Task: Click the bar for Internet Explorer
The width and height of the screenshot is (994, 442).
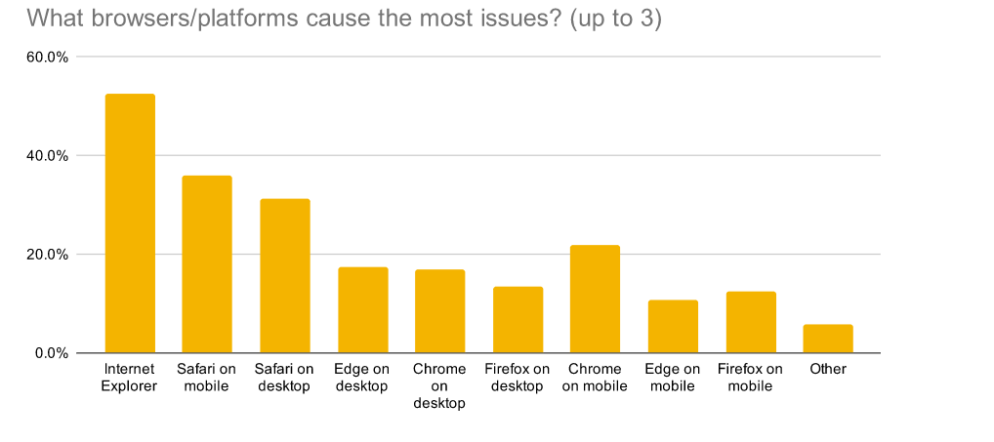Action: [130, 223]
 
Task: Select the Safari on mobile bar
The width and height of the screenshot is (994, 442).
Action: [207, 264]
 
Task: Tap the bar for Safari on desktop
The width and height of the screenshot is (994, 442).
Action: [284, 276]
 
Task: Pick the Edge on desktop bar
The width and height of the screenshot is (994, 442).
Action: [362, 310]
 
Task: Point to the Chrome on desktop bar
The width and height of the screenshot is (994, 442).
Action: [439, 311]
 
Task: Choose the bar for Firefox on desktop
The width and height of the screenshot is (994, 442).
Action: [518, 320]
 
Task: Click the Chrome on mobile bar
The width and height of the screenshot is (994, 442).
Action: [595, 300]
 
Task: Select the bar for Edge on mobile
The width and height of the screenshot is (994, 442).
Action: [673, 327]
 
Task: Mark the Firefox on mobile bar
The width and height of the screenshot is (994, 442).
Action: [750, 322]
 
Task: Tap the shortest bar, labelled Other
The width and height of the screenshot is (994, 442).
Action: [828, 339]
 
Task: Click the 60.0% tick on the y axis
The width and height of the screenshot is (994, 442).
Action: [47, 57]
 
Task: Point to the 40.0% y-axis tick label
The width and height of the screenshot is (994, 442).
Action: [47, 155]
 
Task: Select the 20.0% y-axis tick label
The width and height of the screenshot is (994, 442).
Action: [47, 255]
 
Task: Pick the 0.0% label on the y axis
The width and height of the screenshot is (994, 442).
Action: [51, 353]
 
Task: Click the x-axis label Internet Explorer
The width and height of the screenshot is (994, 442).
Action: [130, 378]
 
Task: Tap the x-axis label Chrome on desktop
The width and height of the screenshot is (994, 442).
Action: [439, 386]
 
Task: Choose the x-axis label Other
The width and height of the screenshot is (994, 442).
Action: [828, 370]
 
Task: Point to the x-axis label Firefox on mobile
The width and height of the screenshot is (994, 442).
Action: [750, 378]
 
